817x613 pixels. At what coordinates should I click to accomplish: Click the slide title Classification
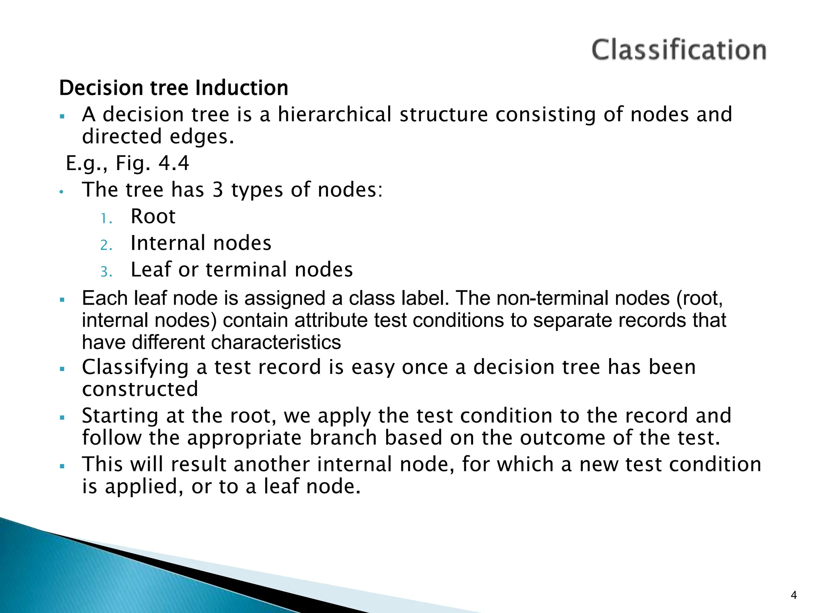tap(679, 50)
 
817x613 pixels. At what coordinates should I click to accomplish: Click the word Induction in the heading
tap(242, 88)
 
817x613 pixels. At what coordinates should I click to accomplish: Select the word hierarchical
tap(335, 115)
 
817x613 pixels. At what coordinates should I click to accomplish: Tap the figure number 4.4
tap(174, 163)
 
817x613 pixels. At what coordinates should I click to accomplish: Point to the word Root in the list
tap(153, 217)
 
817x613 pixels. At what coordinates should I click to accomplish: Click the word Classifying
tap(135, 368)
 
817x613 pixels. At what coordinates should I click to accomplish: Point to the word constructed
tap(140, 389)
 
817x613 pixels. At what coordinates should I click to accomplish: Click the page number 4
tap(793, 595)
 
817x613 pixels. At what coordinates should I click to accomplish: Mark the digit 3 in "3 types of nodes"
tap(217, 190)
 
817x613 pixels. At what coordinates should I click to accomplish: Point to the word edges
tap(201, 136)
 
